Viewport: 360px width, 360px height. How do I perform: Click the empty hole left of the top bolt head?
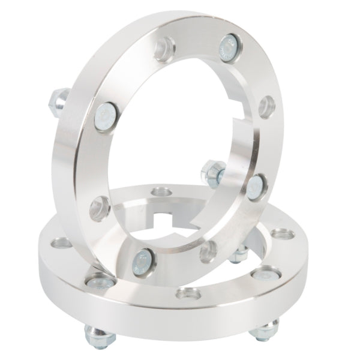(164, 49)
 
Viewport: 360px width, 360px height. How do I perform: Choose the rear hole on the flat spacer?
(160, 193)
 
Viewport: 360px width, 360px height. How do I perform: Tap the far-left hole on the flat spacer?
(61, 244)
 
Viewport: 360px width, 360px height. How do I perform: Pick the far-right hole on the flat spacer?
(280, 234)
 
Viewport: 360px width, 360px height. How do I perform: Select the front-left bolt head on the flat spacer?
(98, 280)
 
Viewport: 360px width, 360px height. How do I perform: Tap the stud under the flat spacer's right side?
(265, 329)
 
